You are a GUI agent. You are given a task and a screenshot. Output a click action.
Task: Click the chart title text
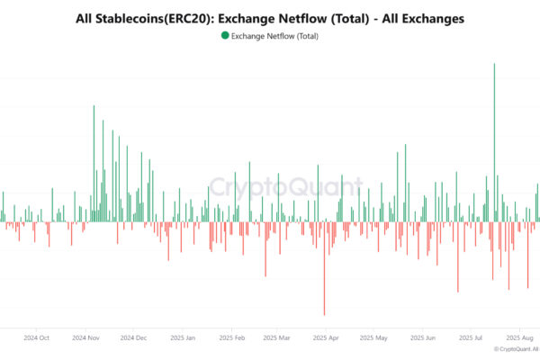click(x=270, y=18)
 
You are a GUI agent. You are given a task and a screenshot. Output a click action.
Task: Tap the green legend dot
click(x=224, y=36)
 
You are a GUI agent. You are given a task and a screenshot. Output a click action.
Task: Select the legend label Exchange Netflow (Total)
click(x=274, y=37)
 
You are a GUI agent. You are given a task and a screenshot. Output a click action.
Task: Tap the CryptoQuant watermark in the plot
click(x=286, y=188)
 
